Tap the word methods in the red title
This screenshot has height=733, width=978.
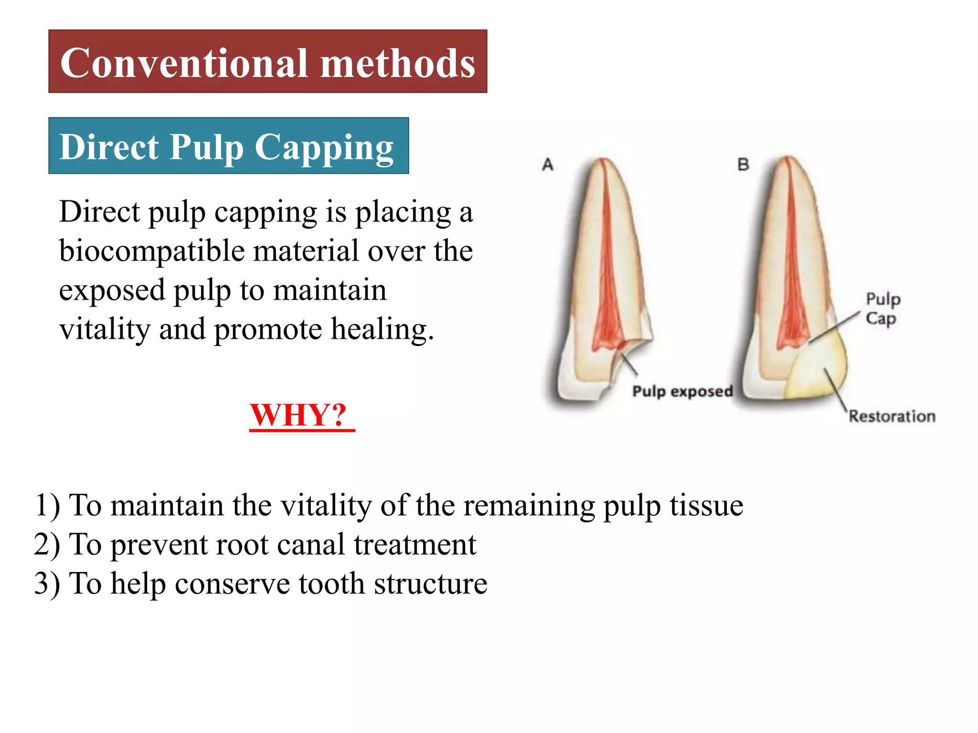(397, 63)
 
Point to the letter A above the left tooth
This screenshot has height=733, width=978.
(548, 165)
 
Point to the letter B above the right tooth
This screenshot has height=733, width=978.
(743, 165)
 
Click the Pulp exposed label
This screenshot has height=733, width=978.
(682, 391)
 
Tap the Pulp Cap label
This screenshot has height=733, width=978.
(882, 309)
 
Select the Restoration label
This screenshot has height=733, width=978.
(892, 416)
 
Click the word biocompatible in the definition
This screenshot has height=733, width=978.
(151, 251)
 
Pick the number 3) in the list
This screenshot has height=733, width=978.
(47, 583)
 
